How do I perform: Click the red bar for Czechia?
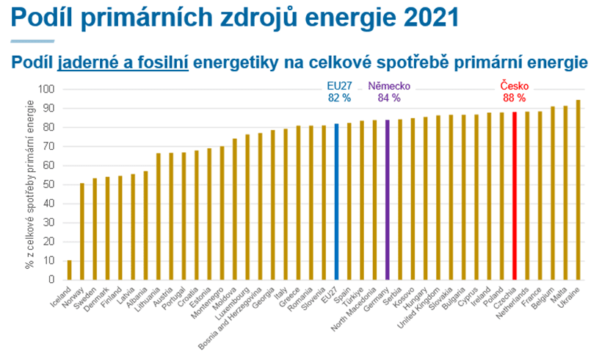[515, 195]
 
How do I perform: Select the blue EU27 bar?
[336, 201]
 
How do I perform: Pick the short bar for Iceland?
[70, 270]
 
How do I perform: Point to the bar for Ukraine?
[578, 190]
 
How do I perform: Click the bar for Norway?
[82, 231]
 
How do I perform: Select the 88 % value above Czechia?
[514, 98]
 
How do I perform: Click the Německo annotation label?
[389, 85]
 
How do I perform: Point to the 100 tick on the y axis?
[48, 90]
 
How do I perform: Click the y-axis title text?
[30, 184]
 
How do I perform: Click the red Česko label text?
[514, 85]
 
